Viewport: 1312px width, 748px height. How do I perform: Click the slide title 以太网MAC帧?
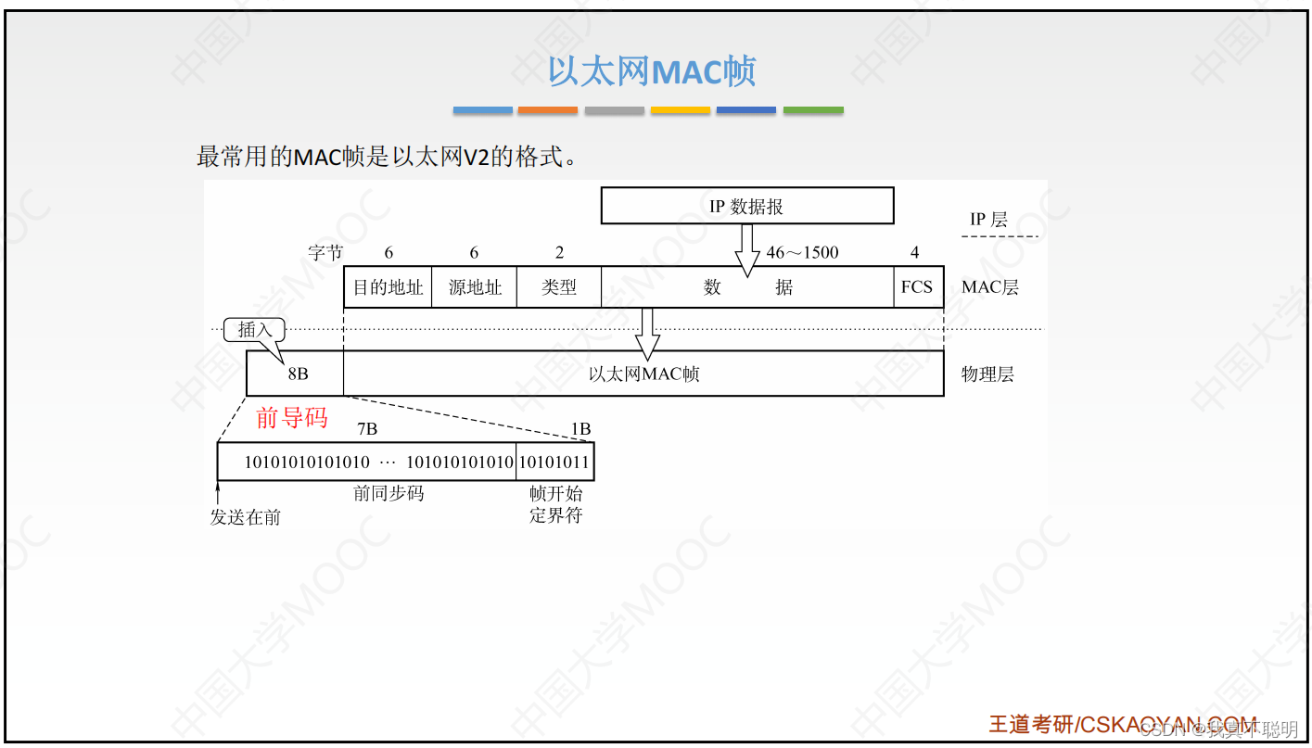(652, 71)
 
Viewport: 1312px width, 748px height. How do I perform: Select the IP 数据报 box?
(746, 206)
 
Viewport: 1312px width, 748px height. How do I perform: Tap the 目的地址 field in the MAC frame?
(388, 287)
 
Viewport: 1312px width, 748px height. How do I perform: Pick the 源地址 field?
(474, 287)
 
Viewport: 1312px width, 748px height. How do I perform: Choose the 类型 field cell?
(558, 287)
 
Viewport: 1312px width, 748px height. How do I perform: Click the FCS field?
(916, 287)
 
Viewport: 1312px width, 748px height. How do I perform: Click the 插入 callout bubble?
(254, 330)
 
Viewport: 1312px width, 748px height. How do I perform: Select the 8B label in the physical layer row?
(298, 374)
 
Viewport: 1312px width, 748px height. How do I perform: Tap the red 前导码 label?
(292, 418)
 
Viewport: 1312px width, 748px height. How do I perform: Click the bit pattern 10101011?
(554, 462)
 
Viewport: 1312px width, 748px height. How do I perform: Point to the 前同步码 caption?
(389, 493)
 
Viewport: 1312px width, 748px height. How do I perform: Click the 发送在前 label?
(245, 517)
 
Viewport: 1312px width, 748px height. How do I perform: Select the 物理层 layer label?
(987, 374)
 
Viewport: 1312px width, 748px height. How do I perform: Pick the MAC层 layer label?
(989, 287)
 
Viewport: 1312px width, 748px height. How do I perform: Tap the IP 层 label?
(988, 220)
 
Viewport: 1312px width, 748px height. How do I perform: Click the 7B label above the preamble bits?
(367, 429)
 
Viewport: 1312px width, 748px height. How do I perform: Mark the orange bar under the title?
(547, 110)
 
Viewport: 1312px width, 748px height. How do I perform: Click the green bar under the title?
(813, 110)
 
